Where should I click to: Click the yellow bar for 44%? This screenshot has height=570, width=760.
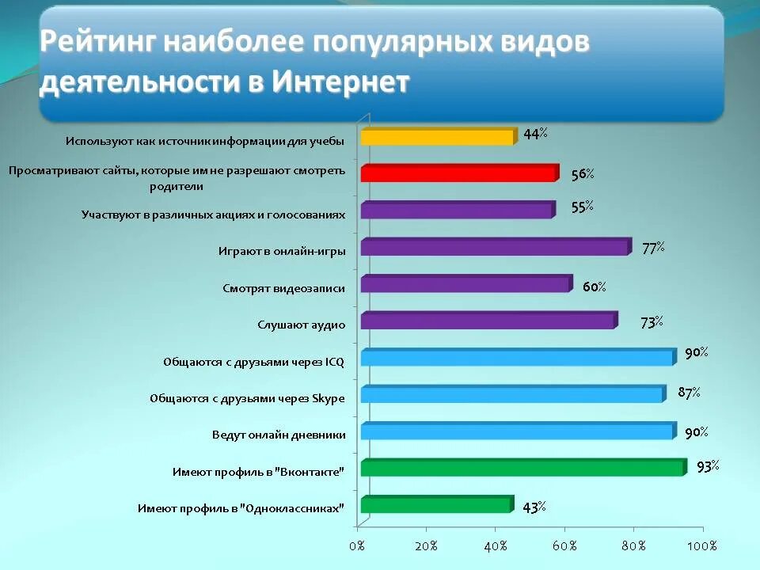coord(437,137)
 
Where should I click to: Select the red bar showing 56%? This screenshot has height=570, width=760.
coord(459,174)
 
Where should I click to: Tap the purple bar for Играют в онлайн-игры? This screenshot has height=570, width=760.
coord(495,248)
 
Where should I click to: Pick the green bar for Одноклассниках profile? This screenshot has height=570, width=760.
coord(436,505)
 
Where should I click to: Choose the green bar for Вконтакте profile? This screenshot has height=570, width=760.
coord(522,468)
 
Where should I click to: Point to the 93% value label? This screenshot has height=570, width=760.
coord(708,466)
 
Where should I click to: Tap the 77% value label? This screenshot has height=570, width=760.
coord(653,248)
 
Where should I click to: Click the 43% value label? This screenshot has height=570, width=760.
coord(534,507)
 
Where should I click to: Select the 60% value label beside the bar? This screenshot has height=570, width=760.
coord(595,287)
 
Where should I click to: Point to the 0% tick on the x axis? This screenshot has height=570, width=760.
coord(357,546)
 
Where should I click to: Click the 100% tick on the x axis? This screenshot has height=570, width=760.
coord(701,546)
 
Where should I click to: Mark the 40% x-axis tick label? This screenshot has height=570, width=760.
coord(495,546)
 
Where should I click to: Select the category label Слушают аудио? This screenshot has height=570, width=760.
coord(302,325)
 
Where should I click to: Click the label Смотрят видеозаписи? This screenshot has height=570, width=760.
coord(284,288)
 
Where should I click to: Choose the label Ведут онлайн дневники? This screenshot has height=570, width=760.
coord(279,435)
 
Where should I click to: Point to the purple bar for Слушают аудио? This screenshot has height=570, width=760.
coord(487,321)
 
